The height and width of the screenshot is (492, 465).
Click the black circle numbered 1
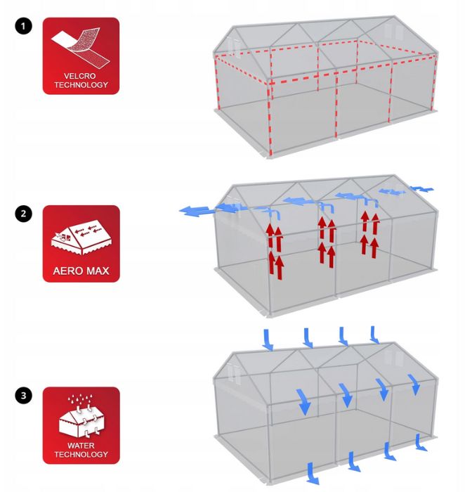23,26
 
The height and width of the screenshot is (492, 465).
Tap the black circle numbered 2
23,214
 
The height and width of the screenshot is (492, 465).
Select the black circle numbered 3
23,395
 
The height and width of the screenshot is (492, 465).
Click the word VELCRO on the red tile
79,76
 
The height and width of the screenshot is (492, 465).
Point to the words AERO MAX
81,271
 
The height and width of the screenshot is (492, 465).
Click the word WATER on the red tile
81,446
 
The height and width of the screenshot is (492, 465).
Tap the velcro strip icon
81,48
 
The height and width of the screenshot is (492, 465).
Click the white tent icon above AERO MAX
81,238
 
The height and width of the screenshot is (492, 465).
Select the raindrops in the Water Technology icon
80,400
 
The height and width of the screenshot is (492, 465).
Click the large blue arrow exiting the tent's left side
196,211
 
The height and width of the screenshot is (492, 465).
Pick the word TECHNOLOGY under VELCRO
81,85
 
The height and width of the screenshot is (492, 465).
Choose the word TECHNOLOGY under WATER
81,454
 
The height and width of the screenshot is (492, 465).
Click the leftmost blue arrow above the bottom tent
268,340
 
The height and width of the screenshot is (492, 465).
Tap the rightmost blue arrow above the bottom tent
374,335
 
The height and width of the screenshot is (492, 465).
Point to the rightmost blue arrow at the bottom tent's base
421,442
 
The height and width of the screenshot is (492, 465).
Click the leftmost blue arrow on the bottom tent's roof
304,402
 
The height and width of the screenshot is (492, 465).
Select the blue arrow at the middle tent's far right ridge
421,189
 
